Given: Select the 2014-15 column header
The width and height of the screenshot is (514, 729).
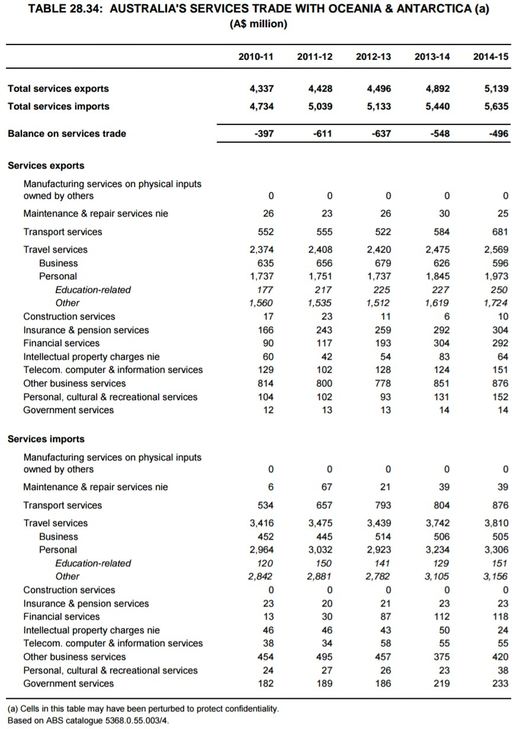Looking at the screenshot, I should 490,57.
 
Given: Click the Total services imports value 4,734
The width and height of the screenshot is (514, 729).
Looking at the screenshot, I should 261,107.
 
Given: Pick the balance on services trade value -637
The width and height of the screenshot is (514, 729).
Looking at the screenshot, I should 379,134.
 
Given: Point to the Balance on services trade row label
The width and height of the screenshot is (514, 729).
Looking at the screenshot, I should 67,134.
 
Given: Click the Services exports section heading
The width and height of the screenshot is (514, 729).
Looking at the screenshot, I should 46,166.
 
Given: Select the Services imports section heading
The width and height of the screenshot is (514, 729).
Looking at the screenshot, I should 46,439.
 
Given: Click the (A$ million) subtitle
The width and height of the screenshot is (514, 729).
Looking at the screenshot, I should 258,24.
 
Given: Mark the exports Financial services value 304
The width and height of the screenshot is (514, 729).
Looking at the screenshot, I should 441,343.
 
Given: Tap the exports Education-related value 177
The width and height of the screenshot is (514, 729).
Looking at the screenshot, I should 265,290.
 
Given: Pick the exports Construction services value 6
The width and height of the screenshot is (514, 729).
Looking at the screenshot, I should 446,317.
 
